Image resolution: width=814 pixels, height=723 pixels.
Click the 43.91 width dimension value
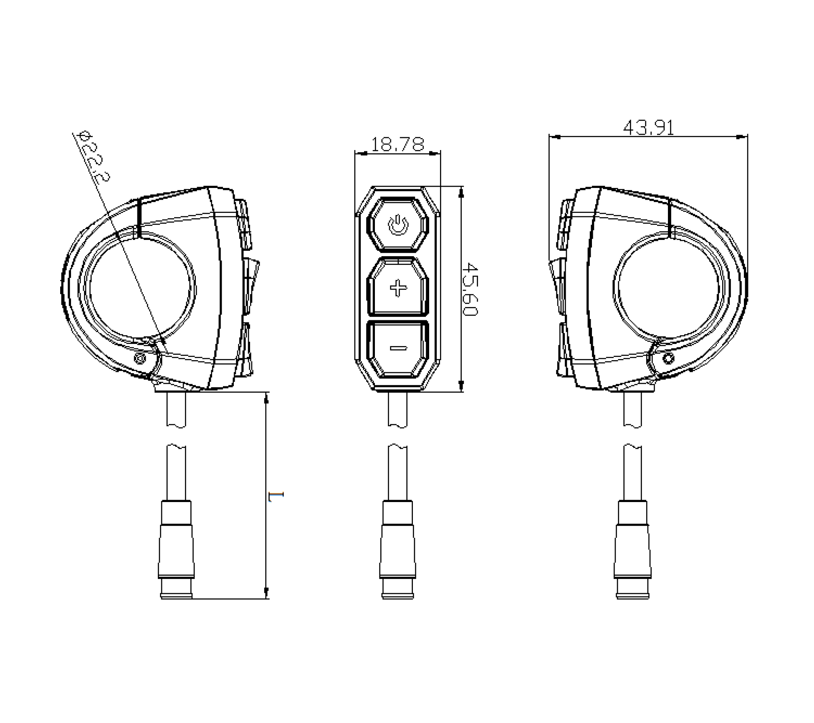click(x=648, y=128)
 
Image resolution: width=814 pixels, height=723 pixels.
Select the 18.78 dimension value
click(x=398, y=145)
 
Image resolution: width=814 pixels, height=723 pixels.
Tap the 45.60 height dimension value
click(x=470, y=289)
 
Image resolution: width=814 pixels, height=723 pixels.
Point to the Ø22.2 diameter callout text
click(x=94, y=156)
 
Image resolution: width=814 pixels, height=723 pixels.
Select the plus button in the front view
click(x=398, y=287)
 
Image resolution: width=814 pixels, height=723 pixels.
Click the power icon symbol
click(x=398, y=225)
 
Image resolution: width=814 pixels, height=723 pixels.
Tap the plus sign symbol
click(x=398, y=288)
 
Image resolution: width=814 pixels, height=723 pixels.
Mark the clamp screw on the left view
click(x=140, y=358)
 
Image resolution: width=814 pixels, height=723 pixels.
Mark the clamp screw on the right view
click(x=667, y=358)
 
